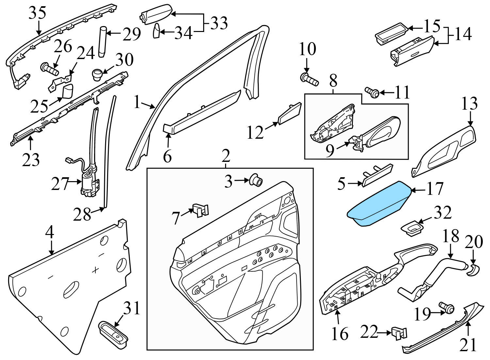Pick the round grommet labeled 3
click(255, 180)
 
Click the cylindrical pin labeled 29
click(103, 42)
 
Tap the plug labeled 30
click(97, 74)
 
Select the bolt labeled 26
click(49, 69)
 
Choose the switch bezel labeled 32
click(413, 228)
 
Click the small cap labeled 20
click(473, 270)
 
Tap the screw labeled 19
click(447, 308)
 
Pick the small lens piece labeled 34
click(156, 31)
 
